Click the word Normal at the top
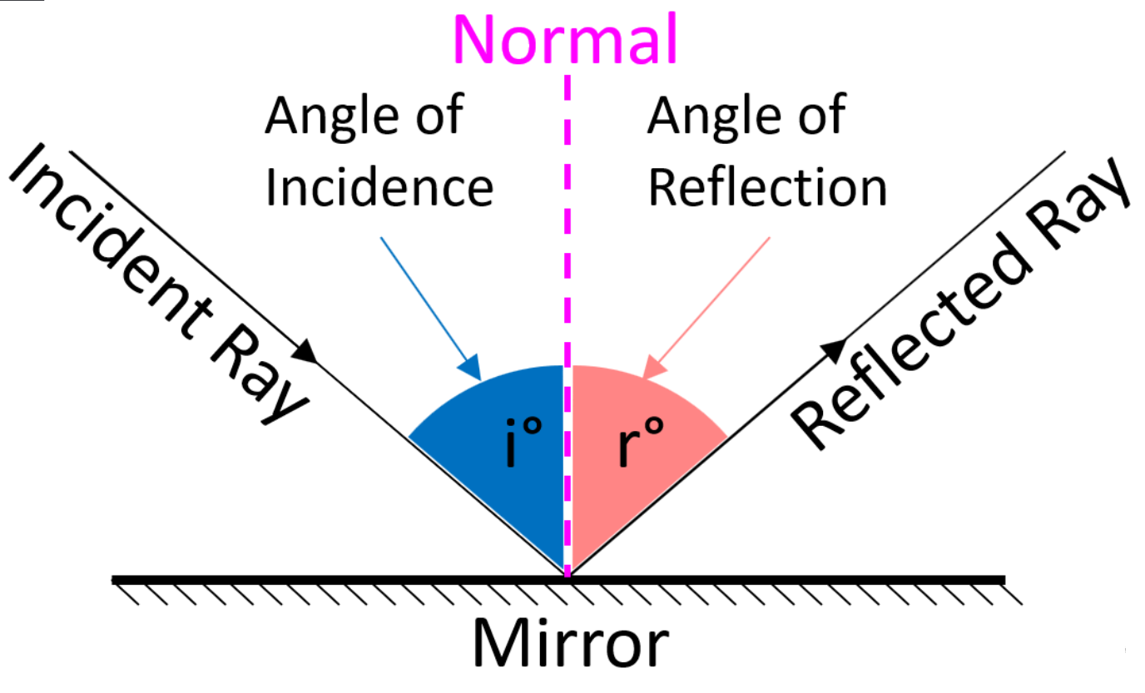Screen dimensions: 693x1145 [x=565, y=38]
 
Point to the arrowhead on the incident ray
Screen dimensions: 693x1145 [x=306, y=352]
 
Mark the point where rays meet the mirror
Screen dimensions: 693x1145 [x=568, y=575]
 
